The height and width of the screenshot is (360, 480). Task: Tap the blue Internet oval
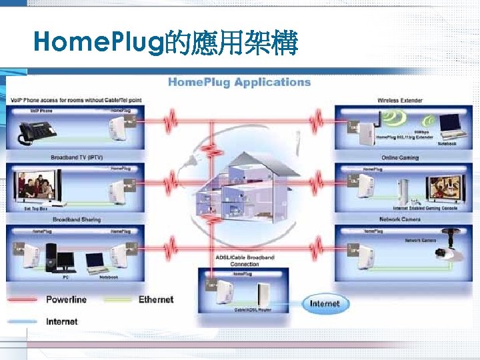pos(325,304)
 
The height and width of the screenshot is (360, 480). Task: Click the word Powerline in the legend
pos(66,299)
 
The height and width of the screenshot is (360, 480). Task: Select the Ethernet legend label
pos(155,299)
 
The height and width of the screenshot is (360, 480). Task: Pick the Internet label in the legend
pos(61,321)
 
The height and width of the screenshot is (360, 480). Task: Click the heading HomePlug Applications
pos(239,82)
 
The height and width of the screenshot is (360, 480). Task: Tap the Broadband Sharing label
pos(77,219)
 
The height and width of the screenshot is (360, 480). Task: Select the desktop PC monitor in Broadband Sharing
pos(67,255)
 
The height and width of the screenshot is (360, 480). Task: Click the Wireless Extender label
pos(399,101)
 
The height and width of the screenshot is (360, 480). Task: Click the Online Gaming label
pos(399,158)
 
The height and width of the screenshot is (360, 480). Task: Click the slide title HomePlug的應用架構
pos(167,43)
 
